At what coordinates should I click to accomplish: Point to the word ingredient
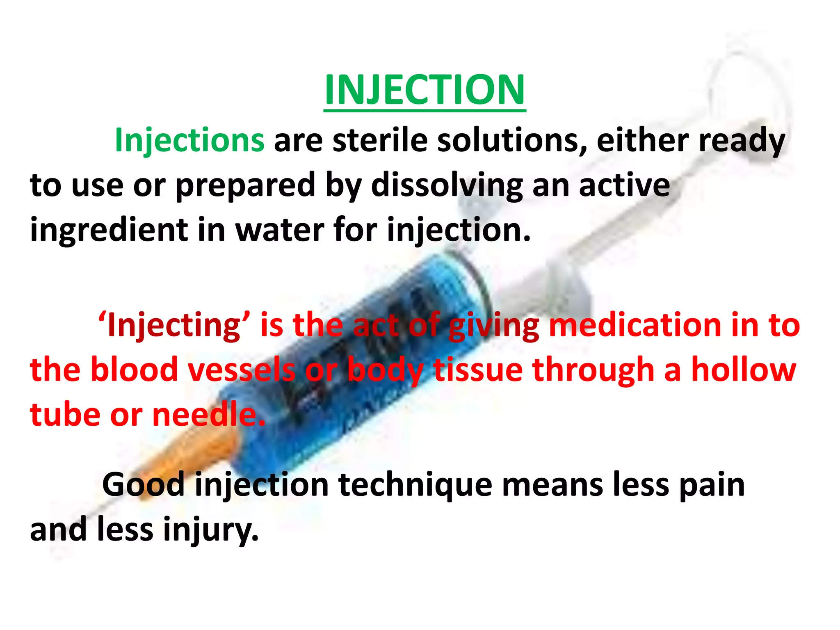click(x=109, y=231)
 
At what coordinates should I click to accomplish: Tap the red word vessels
click(x=242, y=370)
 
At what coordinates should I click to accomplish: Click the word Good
click(x=143, y=485)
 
